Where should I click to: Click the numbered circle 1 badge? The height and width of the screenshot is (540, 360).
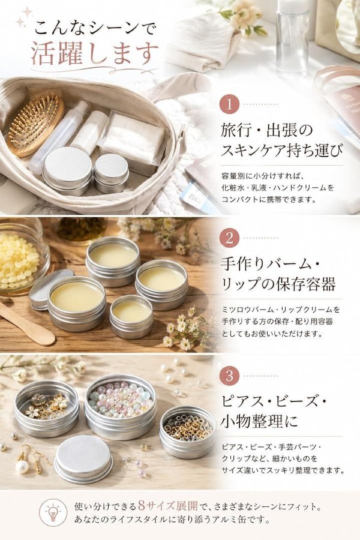point(229,104)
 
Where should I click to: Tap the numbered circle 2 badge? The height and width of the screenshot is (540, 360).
point(229,238)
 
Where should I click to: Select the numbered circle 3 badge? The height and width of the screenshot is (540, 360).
point(229,375)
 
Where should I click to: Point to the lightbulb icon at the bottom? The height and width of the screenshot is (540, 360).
point(53,513)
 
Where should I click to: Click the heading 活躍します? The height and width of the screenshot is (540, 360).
point(94,54)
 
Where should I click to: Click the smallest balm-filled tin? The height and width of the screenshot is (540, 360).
point(131,316)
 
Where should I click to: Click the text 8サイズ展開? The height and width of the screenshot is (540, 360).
point(168,506)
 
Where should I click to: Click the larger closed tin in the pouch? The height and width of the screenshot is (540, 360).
point(68,171)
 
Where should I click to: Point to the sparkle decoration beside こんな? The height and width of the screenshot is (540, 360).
point(24,17)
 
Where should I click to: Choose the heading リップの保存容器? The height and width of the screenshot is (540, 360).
point(278,284)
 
